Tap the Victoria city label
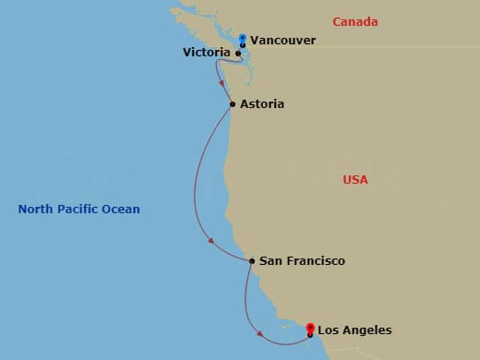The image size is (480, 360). tap(207, 54)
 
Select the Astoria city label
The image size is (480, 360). tap(261, 104)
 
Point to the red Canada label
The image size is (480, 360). tap(357, 21)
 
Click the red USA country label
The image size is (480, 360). tap(355, 180)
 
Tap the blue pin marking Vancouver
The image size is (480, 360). tap(242, 40)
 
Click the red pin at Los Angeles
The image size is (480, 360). tap(310, 328)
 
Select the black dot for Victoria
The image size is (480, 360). tap(238, 54)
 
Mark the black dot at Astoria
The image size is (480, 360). tap(232, 104)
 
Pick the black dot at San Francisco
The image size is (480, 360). tap(252, 261)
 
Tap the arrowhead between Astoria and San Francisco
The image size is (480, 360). tap(211, 242)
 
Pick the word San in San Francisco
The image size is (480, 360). tap(270, 261)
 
